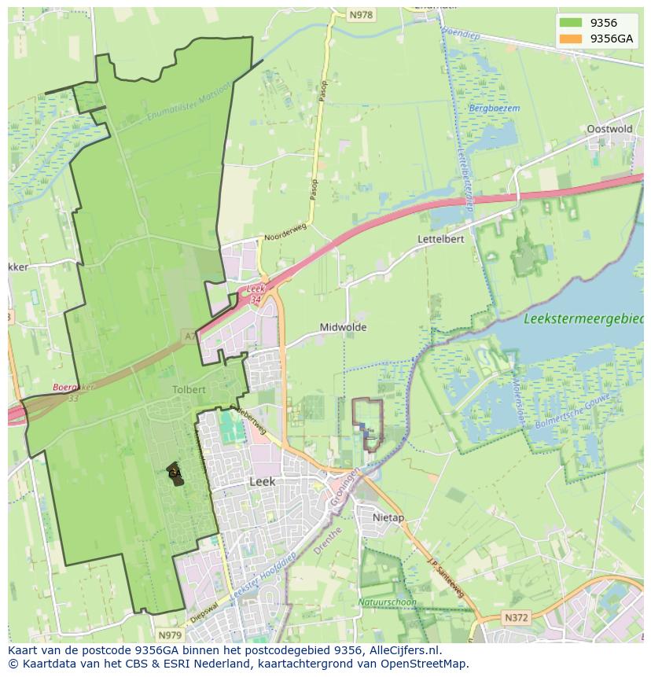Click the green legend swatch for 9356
(x=571, y=23)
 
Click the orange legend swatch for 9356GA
(x=571, y=38)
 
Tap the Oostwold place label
(x=609, y=129)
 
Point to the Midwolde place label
(x=343, y=327)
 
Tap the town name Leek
(x=262, y=481)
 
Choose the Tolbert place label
(x=189, y=389)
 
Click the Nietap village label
(x=388, y=518)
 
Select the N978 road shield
(x=361, y=15)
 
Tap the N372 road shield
(x=516, y=618)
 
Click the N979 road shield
(x=169, y=635)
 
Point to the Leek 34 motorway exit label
(x=255, y=294)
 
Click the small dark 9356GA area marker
(x=175, y=474)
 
